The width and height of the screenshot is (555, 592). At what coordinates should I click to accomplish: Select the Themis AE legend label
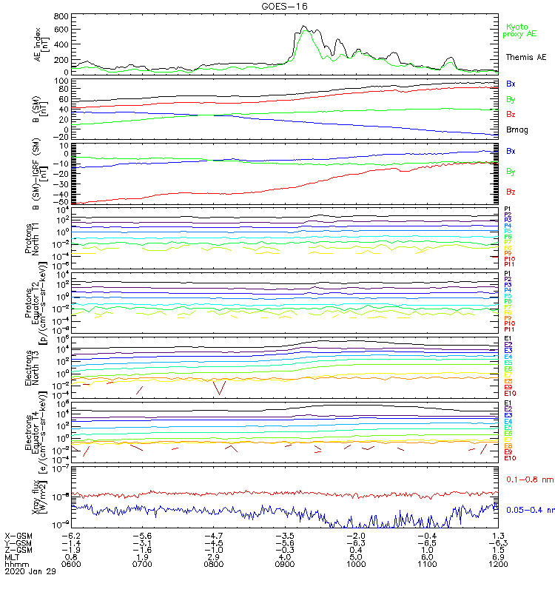click(x=525, y=57)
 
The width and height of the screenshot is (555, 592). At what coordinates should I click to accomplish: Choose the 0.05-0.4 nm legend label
click(x=530, y=509)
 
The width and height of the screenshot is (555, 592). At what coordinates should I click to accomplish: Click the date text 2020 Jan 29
click(x=30, y=571)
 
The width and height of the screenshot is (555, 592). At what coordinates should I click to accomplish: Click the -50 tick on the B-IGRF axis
click(x=61, y=202)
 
